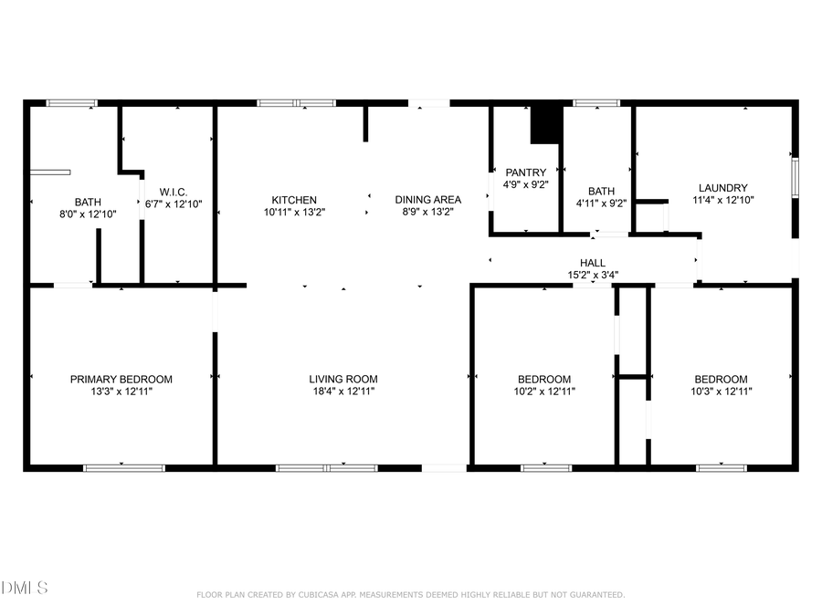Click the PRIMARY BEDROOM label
click(121, 379)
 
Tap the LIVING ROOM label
click(342, 379)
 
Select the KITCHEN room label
click(294, 200)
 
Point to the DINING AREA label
click(427, 200)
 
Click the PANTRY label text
click(526, 172)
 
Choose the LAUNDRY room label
click(722, 188)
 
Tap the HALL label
click(593, 263)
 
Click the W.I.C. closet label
click(174, 192)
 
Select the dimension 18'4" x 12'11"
click(342, 391)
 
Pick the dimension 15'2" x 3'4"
click(593, 274)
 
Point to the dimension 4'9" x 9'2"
click(526, 184)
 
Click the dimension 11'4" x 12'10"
click(722, 200)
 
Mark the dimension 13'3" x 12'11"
click(121, 391)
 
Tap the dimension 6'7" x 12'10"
click(174, 204)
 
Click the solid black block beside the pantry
click(546, 124)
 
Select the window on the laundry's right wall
click(795, 177)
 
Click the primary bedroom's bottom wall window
click(124, 468)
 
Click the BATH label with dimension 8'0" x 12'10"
click(88, 203)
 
